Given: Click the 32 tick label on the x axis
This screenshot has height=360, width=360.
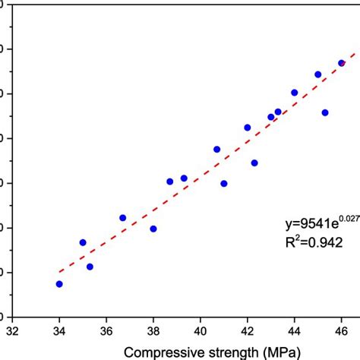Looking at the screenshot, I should [12, 331].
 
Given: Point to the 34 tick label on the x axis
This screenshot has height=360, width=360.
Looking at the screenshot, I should [59, 331].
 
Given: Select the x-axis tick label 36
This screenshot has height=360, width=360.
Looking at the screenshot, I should [106, 331].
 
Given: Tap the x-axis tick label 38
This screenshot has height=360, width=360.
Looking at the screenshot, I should [153, 331].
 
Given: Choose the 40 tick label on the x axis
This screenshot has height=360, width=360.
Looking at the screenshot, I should [201, 331].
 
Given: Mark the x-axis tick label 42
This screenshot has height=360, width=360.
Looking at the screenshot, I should [248, 331].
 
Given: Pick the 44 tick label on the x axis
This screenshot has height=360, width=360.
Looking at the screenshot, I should [295, 331].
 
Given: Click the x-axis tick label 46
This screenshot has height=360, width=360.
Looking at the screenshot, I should [341, 331].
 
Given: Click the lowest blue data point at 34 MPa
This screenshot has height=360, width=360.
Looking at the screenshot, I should [59, 284].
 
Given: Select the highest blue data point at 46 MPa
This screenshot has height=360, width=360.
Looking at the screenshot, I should [342, 63].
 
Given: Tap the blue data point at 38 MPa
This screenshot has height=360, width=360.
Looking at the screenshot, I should [153, 229].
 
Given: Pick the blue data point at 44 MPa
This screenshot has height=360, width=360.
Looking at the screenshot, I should [295, 93].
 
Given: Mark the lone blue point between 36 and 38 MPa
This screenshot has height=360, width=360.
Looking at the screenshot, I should [123, 218].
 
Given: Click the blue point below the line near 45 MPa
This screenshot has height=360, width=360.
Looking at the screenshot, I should [325, 112].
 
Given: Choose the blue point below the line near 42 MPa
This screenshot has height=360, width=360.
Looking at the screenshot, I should [254, 163].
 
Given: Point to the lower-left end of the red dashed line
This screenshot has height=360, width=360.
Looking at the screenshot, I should [60, 272].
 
